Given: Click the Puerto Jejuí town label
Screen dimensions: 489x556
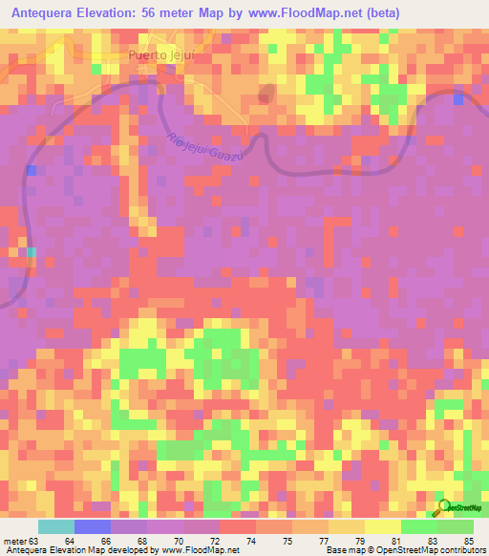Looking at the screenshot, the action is (161, 56).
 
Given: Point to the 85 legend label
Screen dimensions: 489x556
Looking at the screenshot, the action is (468, 541).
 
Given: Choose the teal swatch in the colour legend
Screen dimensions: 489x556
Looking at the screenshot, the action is (56, 526).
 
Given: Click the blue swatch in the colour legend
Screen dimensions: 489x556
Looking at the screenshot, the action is (93, 526).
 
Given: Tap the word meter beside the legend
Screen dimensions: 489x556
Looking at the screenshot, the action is (15, 541).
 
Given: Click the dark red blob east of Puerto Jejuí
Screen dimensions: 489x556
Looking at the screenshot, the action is (265, 94).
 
